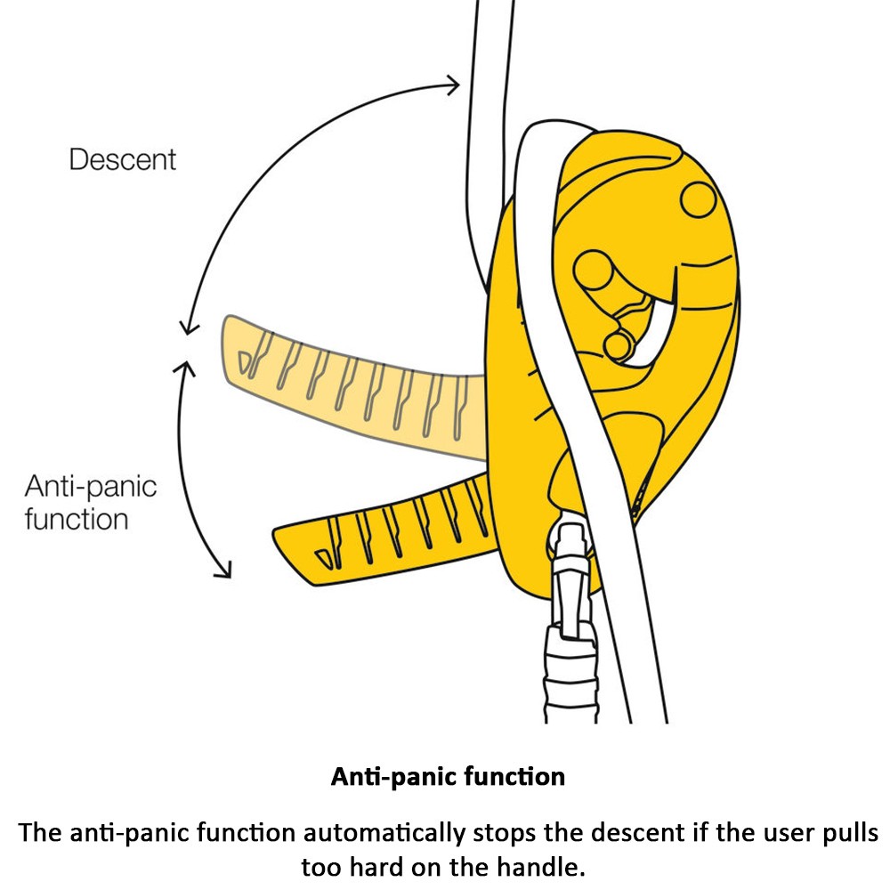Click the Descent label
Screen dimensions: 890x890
[123, 160]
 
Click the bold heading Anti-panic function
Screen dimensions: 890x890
[448, 776]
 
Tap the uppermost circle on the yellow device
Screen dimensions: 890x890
[699, 198]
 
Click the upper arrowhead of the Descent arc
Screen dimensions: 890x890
[455, 85]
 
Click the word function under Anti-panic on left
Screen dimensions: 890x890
[76, 518]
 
